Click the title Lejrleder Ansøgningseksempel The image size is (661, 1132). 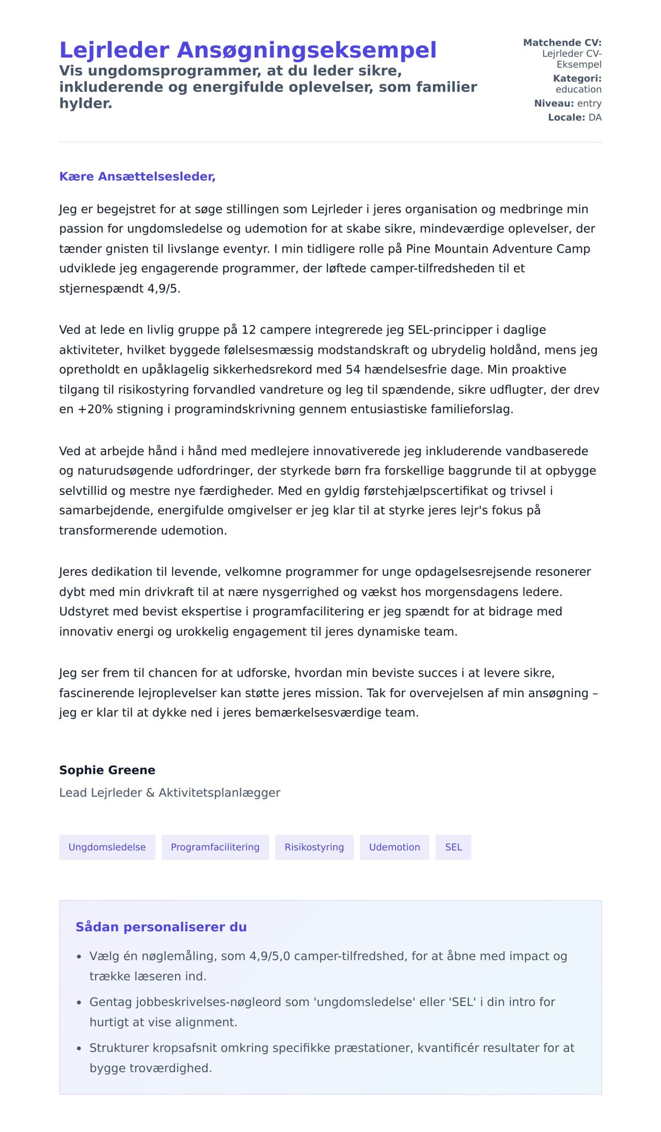(x=248, y=50)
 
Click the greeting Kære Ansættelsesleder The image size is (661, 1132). (x=137, y=176)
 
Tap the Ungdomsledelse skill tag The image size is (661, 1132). (x=107, y=847)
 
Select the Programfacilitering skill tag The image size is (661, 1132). (x=215, y=847)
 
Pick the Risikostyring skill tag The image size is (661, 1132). (x=314, y=847)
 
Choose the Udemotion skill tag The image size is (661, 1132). (x=394, y=847)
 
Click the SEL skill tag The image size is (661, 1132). (x=453, y=847)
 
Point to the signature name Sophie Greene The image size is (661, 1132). (x=107, y=770)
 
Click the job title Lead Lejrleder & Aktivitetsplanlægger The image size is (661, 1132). (x=170, y=793)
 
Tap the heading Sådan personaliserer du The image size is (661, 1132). (x=161, y=927)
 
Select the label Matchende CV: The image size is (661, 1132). (x=562, y=42)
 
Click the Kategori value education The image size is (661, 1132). (x=578, y=89)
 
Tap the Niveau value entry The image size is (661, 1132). (x=589, y=103)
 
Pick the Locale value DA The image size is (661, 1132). (x=595, y=117)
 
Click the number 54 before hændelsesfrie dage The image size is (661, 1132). (x=353, y=369)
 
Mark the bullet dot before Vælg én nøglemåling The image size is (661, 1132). (x=79, y=957)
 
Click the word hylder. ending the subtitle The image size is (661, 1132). (x=85, y=103)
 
